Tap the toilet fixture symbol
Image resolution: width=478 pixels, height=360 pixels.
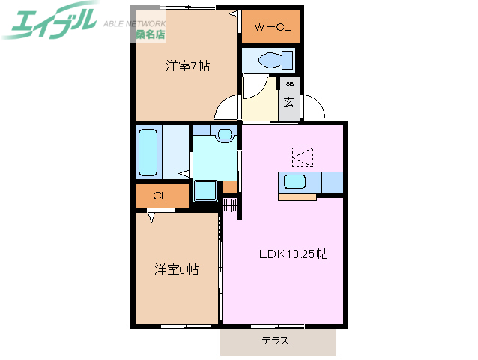[267, 61]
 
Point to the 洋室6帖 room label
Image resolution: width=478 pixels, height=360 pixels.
[177, 268]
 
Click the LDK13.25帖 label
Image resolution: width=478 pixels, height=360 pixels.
[293, 253]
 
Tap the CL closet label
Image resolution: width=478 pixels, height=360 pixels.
[159, 196]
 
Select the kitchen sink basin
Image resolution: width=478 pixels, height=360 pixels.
[293, 182]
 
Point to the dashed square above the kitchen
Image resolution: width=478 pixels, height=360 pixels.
[303, 156]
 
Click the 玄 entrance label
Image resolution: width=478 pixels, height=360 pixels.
[288, 101]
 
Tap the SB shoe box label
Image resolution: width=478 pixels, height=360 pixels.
[289, 83]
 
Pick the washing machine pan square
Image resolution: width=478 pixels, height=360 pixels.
[205, 191]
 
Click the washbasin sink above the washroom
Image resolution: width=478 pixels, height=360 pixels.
[223, 135]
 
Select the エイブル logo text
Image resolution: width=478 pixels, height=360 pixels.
[51, 21]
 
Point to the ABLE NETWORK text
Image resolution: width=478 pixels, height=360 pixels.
[136, 21]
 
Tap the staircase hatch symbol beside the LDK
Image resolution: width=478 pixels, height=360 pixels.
[230, 205]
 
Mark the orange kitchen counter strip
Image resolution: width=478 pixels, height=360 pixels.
[297, 197]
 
